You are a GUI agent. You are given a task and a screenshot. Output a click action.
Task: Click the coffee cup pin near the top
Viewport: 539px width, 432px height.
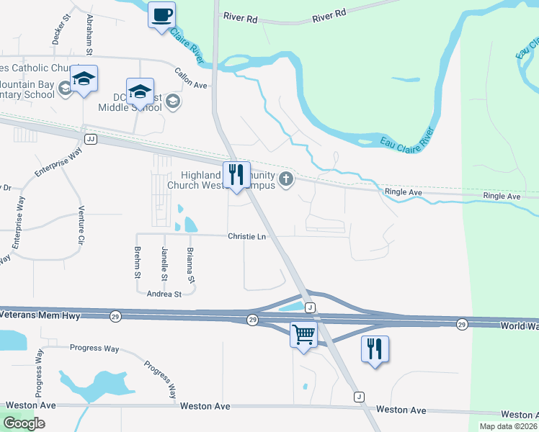click(x=162, y=15)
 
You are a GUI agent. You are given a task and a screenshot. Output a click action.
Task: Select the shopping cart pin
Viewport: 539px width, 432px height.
click(x=303, y=335)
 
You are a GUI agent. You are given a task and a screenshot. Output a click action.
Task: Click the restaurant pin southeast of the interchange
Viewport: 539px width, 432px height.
click(x=375, y=350)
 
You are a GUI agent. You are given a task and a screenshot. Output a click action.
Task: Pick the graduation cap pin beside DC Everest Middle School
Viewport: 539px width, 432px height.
click(x=140, y=92)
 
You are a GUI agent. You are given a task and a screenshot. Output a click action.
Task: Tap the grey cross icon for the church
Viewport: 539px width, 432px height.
click(x=286, y=179)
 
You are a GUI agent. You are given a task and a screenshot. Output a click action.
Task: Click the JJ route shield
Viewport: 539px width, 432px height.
click(x=90, y=138)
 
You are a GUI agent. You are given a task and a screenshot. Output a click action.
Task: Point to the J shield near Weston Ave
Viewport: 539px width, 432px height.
click(x=358, y=397)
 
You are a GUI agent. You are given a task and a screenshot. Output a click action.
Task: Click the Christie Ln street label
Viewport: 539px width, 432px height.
click(x=247, y=236)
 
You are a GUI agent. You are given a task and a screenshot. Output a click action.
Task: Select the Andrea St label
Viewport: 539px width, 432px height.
click(x=164, y=294)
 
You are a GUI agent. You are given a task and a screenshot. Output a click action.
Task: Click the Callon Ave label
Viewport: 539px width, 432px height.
click(x=191, y=78)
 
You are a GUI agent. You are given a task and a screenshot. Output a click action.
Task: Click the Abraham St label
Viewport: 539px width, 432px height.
click(x=90, y=34)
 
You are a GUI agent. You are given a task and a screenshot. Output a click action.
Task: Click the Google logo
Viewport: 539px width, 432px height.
click(x=24, y=423)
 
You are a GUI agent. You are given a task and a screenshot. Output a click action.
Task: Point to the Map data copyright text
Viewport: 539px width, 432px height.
click(x=508, y=426)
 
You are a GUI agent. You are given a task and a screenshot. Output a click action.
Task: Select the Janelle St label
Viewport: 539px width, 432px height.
click(x=164, y=263)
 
